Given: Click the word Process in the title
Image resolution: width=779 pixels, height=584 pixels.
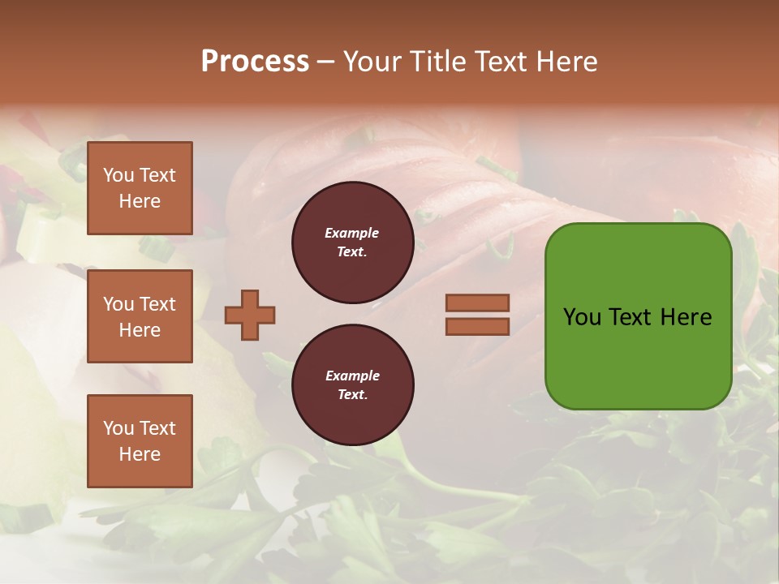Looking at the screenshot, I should [x=255, y=62].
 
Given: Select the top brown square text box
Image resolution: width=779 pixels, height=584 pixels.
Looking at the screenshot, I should [x=140, y=188].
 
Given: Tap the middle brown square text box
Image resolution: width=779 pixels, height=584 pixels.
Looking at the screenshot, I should [x=140, y=316].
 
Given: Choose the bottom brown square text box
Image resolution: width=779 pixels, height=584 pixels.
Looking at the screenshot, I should [x=140, y=441].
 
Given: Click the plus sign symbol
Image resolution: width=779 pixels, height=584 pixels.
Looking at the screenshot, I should [x=249, y=315].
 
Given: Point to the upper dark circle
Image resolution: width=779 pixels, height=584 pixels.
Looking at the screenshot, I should [x=352, y=243].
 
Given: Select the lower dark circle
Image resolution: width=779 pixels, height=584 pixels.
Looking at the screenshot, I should [x=352, y=385].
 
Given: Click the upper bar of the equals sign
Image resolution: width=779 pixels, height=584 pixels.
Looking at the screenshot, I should [x=477, y=303].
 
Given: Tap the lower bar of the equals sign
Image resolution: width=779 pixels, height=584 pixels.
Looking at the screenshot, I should [x=477, y=326].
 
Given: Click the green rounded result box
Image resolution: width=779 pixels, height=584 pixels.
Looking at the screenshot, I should [x=638, y=316].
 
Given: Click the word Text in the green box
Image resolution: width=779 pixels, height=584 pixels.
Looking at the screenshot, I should [x=632, y=317].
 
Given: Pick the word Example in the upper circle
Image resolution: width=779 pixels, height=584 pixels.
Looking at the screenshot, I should [x=351, y=233].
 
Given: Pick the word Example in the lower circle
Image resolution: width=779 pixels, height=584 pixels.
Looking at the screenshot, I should [x=351, y=376].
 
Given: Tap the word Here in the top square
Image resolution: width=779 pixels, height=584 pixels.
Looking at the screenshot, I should [x=140, y=201].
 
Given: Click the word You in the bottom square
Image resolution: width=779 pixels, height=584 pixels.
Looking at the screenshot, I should [x=118, y=428].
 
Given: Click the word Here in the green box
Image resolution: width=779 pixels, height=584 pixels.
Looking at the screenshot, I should [x=686, y=317].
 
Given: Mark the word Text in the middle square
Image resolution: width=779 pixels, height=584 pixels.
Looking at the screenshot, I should [x=157, y=304].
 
